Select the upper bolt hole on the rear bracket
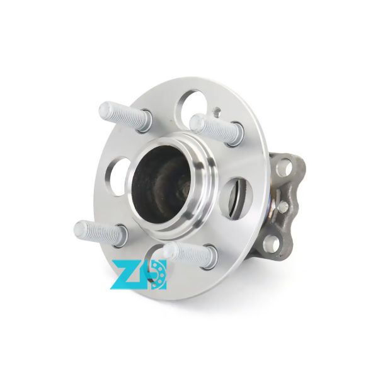pos(288,168)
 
